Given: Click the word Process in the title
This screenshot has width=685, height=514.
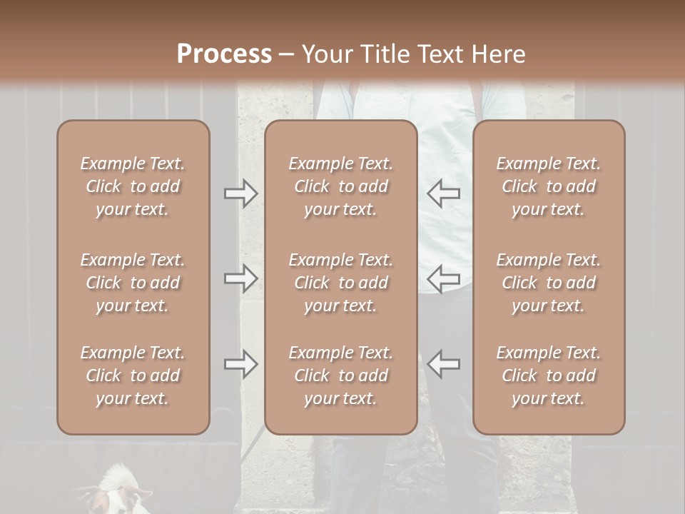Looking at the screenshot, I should [224, 54].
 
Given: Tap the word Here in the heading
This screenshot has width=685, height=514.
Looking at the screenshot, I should [497, 54].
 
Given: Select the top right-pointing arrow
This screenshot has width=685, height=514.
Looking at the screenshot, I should [241, 193].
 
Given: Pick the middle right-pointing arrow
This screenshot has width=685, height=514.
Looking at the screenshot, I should [241, 278].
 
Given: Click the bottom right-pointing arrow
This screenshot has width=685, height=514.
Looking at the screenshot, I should [241, 363].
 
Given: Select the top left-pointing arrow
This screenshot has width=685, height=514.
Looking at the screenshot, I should [443, 193].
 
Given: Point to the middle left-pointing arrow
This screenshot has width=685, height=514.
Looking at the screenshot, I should [443, 278].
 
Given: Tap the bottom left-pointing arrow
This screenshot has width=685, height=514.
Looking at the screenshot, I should [443, 363].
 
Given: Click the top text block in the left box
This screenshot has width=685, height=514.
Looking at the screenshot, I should [133, 186].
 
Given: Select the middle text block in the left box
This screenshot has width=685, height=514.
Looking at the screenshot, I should [133, 283].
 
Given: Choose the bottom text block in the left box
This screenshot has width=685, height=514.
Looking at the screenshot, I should [133, 376].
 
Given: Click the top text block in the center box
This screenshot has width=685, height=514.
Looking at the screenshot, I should [341, 186].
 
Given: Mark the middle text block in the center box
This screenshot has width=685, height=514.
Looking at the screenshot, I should [341, 283].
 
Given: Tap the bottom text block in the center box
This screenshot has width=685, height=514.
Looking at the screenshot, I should [341, 376].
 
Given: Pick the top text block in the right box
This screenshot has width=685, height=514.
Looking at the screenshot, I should [549, 186].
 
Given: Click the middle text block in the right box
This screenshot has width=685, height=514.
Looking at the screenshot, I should [549, 283].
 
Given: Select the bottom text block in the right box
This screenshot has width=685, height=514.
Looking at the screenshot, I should [549, 376].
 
